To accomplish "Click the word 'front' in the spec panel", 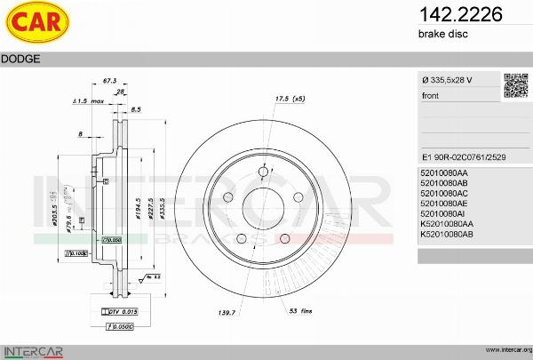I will click(x=431, y=95).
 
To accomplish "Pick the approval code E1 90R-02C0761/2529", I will click(x=464, y=153).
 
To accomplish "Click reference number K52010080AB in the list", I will click(x=448, y=234).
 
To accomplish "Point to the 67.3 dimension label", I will click(x=110, y=81).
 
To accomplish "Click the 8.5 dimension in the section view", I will click(x=136, y=109).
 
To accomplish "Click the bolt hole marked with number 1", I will click(x=262, y=172).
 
